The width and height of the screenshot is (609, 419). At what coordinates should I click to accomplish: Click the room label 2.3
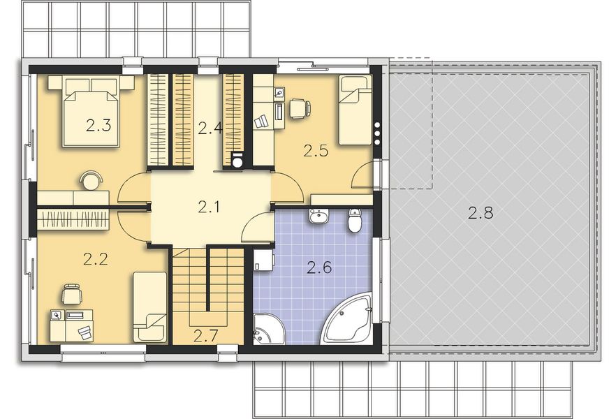click(x=98, y=126)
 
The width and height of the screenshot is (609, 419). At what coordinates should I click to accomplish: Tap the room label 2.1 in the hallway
click(x=209, y=207)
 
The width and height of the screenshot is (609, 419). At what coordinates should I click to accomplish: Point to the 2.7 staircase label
click(x=206, y=335)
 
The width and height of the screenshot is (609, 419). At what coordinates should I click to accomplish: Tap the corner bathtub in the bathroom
click(x=348, y=321)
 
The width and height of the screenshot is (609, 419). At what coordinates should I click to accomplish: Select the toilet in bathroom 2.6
click(x=355, y=221)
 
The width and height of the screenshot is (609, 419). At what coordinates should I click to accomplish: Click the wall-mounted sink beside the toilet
click(x=319, y=217)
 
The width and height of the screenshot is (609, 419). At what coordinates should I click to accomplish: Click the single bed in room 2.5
click(x=355, y=110)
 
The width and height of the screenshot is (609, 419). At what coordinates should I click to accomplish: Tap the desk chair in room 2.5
click(x=299, y=108)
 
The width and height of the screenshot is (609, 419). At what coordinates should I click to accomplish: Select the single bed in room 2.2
click(x=149, y=307)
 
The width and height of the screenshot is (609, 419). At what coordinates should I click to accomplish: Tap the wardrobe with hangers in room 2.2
click(x=73, y=219)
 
